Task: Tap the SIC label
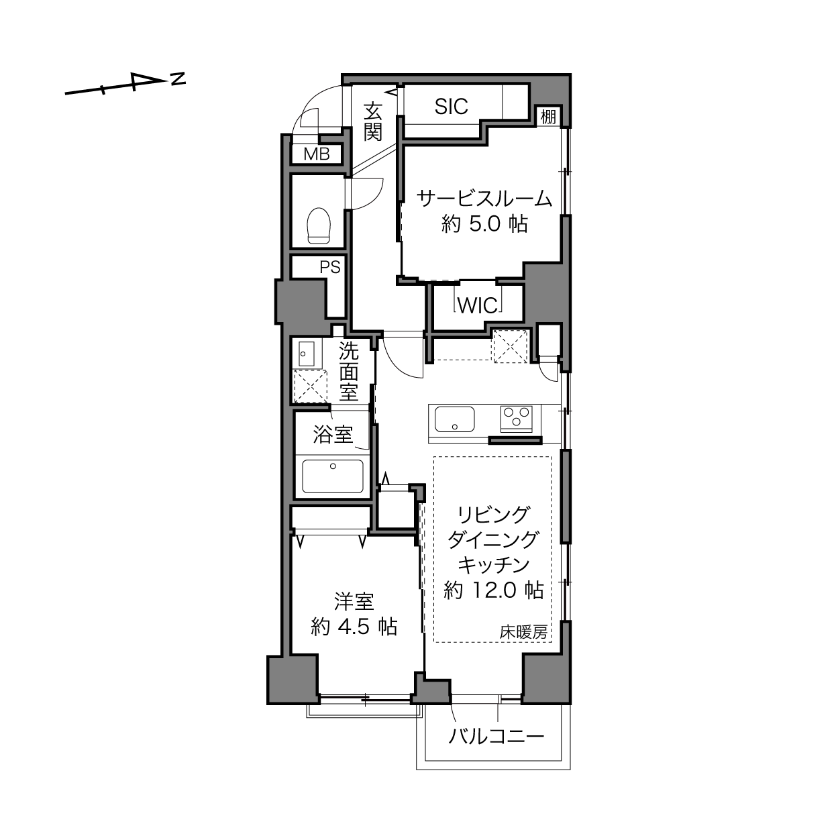pos(451,107)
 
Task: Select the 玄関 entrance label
pos(373,121)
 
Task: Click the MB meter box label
pos(317,154)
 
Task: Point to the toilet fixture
pos(318,225)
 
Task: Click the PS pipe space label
pos(330,267)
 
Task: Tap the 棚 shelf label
pos(548,117)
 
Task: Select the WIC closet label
pos(478,305)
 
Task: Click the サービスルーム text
pos(484,199)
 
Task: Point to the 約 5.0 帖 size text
pos(484,225)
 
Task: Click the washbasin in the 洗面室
pos(307,354)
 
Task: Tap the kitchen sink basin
pos(455,419)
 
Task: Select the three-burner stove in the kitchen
pos(516,418)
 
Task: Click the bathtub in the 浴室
pos(333,476)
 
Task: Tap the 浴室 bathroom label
pos(333,435)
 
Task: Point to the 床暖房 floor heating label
pos(523,632)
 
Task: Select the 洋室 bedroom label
pos(354,602)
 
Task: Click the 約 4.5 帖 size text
pos(354,627)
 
